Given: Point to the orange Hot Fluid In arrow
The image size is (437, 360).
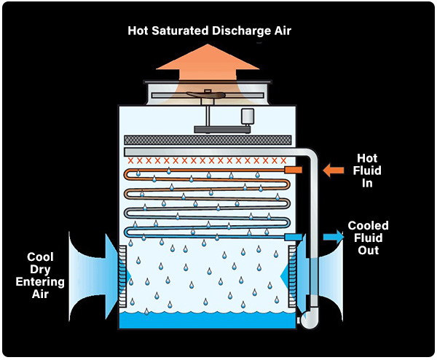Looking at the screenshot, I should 333,170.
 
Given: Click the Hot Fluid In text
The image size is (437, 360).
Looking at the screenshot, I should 368,170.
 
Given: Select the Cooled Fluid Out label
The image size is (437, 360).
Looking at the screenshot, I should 369,238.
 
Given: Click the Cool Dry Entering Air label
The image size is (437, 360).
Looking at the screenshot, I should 46,275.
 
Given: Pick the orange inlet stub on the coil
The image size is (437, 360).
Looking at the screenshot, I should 292,169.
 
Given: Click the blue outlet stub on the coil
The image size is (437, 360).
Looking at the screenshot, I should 293,238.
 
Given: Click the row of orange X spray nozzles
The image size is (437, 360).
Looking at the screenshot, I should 207,160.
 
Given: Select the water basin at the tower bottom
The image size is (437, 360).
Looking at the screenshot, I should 208,321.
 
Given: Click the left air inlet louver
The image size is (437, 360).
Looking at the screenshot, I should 123,275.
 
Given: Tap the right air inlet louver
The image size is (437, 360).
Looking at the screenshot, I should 292,275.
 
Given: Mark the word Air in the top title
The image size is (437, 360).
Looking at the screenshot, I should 280,31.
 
